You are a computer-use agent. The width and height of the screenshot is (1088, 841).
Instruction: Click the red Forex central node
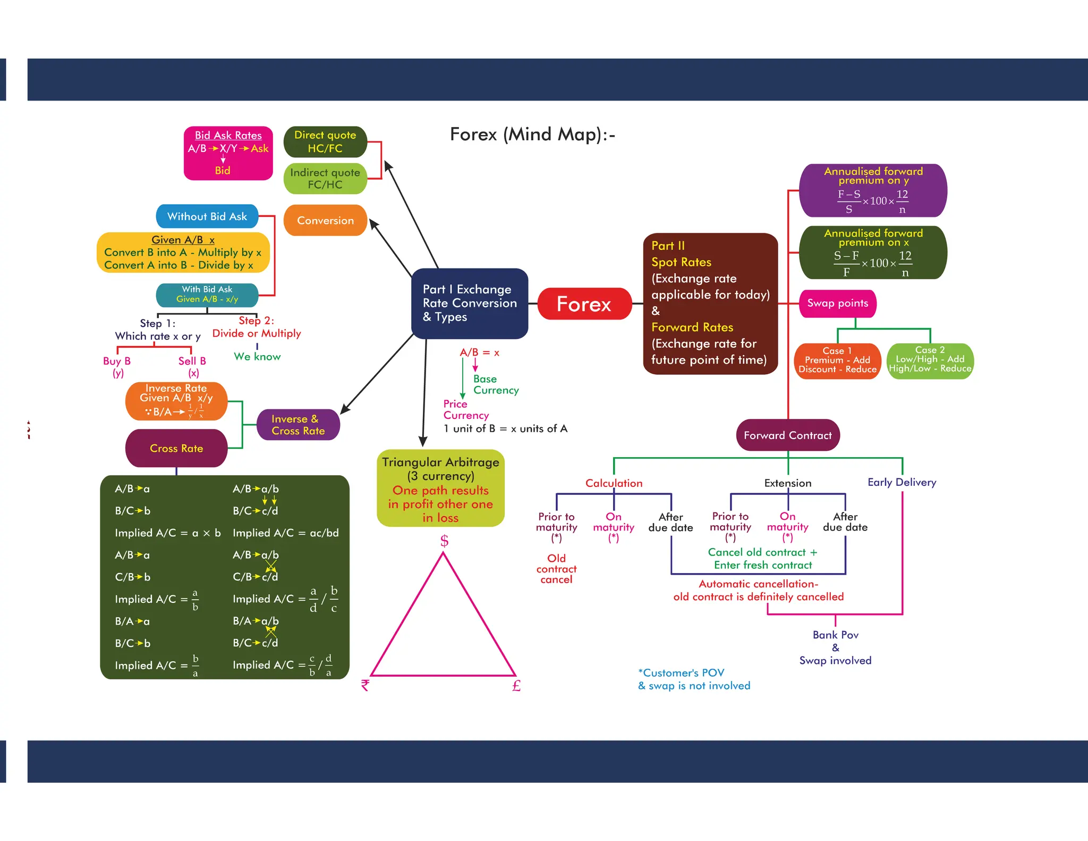584,304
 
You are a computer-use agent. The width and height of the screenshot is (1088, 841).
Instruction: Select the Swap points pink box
837,304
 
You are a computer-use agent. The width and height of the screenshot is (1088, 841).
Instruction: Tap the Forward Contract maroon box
787,435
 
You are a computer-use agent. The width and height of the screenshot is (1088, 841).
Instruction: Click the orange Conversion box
325,221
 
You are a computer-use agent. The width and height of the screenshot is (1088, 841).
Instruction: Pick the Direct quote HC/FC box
325,142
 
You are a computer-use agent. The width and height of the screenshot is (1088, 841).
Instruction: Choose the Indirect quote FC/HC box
325,179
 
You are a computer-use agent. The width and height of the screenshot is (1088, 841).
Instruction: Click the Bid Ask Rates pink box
228,153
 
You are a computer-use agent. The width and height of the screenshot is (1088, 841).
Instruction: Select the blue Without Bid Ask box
207,216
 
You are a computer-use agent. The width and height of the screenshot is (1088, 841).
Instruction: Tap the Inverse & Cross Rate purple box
298,425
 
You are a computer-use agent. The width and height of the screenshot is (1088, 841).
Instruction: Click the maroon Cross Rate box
176,448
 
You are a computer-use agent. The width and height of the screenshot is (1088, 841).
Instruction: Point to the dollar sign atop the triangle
444,541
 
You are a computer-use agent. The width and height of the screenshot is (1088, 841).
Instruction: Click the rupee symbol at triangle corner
365,685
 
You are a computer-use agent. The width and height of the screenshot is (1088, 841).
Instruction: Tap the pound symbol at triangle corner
516,686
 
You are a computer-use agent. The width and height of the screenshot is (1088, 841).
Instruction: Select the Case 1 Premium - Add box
837,360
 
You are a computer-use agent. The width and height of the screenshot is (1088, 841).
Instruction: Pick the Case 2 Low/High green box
930,360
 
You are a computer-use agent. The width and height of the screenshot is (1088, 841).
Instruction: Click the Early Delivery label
902,482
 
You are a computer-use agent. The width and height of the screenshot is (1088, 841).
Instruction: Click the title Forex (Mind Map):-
532,134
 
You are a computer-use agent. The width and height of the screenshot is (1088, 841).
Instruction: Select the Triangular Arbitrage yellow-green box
440,489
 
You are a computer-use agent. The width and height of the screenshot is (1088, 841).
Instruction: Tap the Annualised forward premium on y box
873,190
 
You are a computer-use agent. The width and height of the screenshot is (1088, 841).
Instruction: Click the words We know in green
257,357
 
